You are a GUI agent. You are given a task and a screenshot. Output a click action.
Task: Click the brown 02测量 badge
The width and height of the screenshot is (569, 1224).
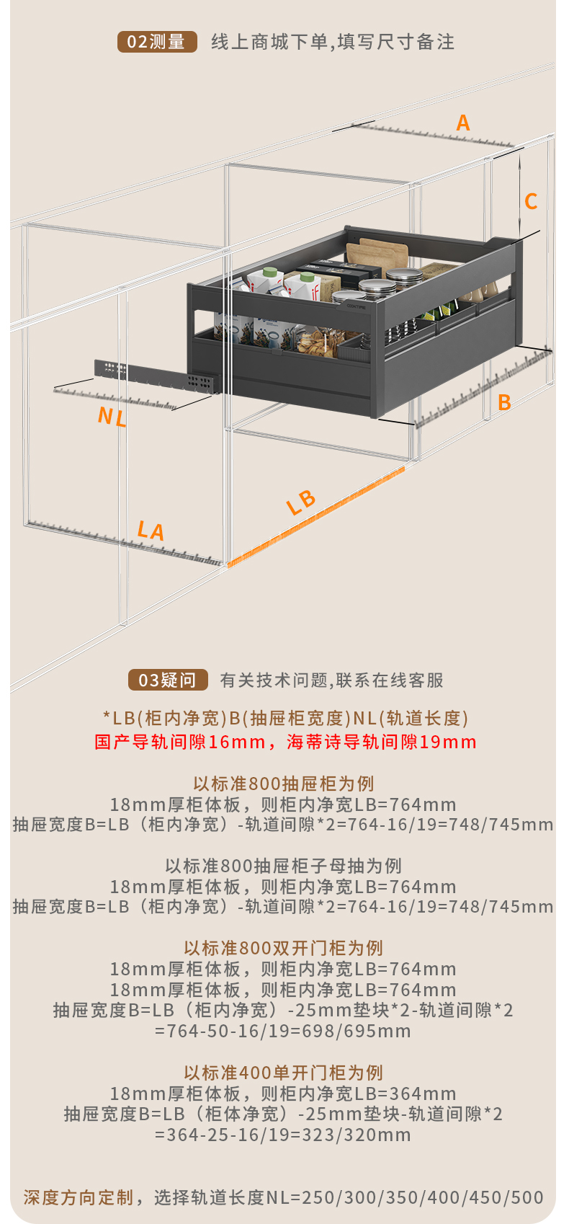point(157,42)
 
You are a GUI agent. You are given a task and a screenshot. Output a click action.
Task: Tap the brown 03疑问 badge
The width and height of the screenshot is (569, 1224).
point(168,680)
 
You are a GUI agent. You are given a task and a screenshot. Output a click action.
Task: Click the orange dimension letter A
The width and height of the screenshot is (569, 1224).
point(463,123)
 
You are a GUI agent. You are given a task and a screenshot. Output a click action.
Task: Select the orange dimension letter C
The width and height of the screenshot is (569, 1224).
point(531,201)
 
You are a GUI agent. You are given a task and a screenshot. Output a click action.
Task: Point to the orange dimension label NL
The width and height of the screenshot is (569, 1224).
point(112,417)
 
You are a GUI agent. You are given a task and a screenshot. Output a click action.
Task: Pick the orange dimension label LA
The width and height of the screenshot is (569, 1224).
point(151,531)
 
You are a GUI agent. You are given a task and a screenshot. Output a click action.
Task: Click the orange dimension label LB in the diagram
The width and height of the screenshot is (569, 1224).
point(301,502)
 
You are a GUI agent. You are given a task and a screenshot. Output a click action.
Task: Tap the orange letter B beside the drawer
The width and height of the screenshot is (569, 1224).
point(504,402)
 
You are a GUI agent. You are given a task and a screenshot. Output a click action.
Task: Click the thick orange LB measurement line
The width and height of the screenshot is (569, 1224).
point(317,515)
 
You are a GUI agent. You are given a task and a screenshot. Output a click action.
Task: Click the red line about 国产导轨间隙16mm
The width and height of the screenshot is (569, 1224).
point(285,742)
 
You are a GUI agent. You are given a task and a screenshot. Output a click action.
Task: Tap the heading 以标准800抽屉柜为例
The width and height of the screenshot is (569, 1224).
point(284,784)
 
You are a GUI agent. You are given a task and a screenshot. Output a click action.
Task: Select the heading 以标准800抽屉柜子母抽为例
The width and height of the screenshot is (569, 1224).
point(284,866)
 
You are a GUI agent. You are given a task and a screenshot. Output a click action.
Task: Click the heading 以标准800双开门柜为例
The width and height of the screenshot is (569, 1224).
point(284,948)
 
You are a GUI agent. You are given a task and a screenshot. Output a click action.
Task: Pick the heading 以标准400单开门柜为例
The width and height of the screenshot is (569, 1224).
point(284,1073)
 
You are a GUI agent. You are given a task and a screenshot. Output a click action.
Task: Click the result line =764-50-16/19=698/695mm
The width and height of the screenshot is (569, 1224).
point(283,1032)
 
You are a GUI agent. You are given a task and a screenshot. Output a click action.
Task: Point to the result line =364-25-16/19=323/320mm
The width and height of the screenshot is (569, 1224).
point(283,1135)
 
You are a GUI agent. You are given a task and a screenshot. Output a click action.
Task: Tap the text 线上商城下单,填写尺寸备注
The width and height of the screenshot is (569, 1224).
point(333,42)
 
